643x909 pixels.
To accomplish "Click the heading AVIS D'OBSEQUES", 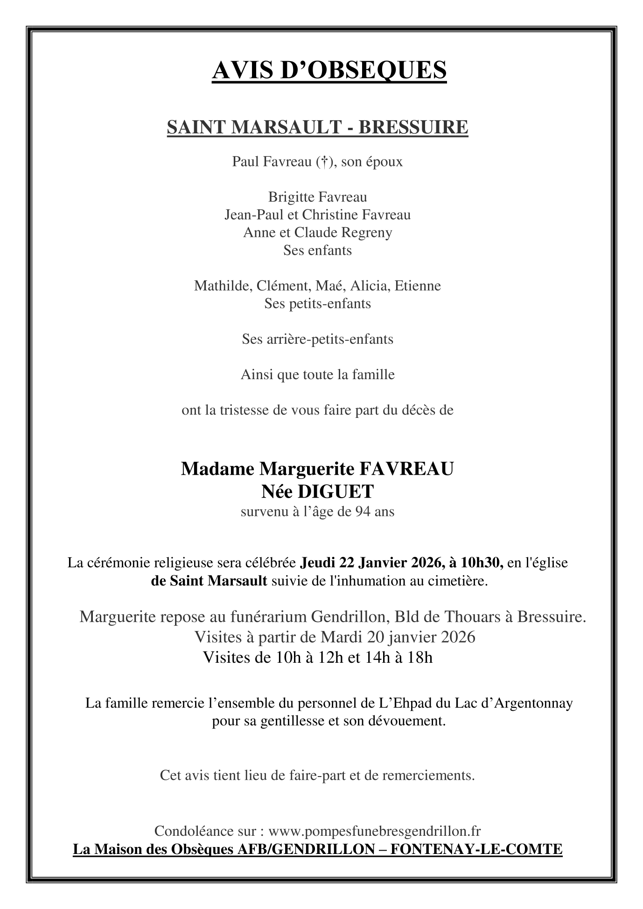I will tap(329, 70).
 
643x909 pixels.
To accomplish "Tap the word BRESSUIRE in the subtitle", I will tap(413, 127).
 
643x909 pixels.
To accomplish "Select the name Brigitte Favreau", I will tap(317, 197).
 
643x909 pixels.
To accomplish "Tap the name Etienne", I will tap(418, 285).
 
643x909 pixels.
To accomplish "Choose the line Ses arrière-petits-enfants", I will tap(317, 339).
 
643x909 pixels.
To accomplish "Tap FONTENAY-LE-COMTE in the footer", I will tap(475, 850).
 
